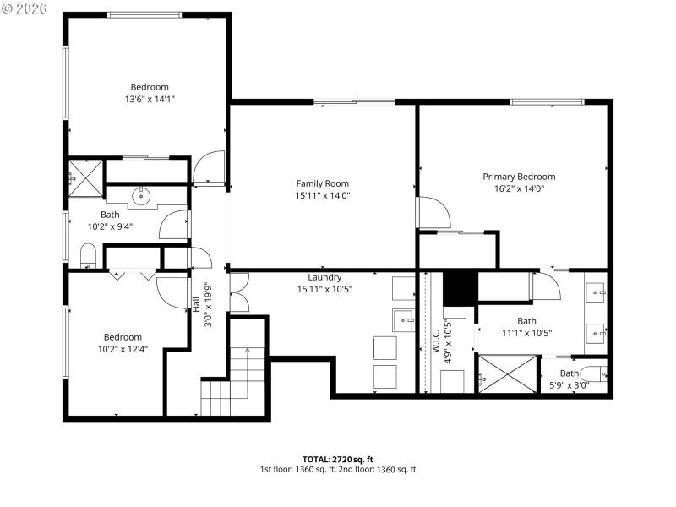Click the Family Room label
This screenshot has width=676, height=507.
(322, 183)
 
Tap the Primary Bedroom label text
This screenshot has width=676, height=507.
(519, 177)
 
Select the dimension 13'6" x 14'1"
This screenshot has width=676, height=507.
(149, 99)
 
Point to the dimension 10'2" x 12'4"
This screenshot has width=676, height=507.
(123, 349)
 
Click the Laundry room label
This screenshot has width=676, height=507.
(324, 277)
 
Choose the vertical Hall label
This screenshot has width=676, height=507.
(197, 304)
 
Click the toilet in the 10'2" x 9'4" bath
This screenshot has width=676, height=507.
(88, 255)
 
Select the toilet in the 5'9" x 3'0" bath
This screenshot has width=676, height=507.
(594, 374)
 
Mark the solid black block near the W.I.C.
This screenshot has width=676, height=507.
(461, 289)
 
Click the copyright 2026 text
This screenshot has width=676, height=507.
(26, 9)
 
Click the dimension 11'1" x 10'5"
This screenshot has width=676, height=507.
(526, 332)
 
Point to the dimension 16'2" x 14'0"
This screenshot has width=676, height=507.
(519, 188)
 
